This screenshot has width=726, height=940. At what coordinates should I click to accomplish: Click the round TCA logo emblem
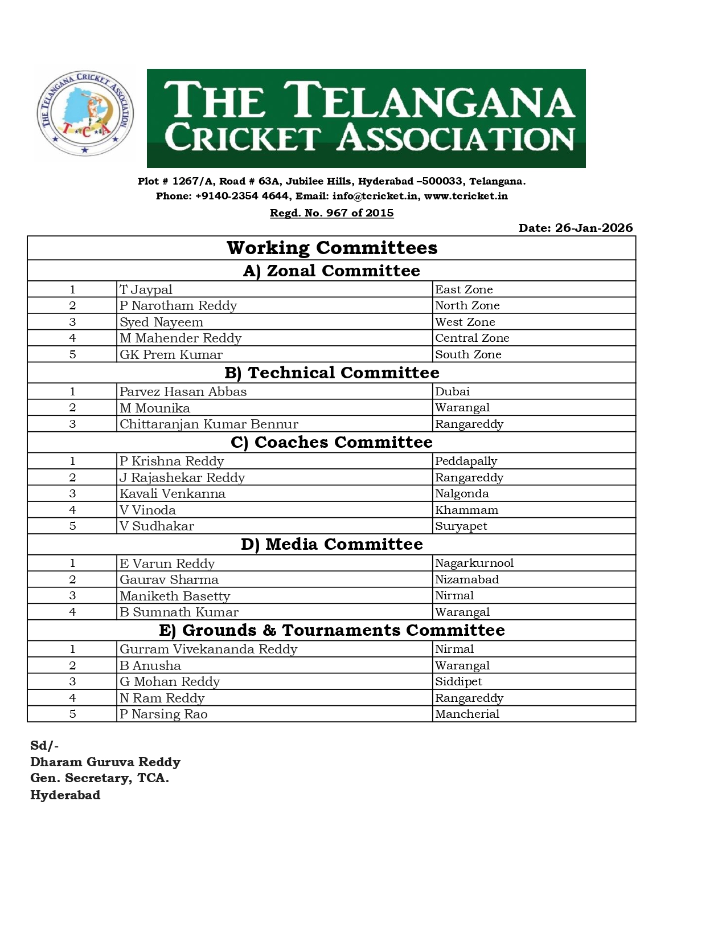pos(85,114)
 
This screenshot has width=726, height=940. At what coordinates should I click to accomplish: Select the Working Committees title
pos(332,248)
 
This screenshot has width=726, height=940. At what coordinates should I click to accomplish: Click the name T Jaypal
pos(146,289)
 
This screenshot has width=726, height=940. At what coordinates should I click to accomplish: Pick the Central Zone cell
pos(472,338)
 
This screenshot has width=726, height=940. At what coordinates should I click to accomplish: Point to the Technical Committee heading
pos(332,373)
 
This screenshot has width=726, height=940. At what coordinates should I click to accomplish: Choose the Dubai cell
pos(452,391)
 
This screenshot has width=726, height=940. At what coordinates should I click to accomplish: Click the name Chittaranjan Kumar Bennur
pos(208,424)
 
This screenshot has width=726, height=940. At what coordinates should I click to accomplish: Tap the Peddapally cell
pos(466,461)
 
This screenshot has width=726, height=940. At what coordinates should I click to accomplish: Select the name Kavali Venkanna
pos(172,493)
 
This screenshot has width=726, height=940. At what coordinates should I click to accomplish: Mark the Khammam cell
pos(466,510)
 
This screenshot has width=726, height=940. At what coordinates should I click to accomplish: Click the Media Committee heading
pos(332,544)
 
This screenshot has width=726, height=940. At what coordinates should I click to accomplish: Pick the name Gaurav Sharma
pos(169,579)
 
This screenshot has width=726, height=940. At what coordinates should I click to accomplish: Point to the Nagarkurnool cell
pos(474,563)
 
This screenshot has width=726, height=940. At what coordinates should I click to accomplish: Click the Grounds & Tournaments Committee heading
pos(332,630)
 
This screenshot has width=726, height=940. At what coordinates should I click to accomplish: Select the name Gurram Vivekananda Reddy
pos(208,649)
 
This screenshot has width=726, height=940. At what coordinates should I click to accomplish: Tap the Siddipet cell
pos(458,681)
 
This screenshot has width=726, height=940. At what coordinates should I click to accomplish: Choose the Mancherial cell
pos(467,714)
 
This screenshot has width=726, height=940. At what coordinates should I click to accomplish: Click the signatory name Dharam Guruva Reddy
pos(105,762)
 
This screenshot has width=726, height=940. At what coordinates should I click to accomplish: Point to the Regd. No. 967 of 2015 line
pos(331,212)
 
